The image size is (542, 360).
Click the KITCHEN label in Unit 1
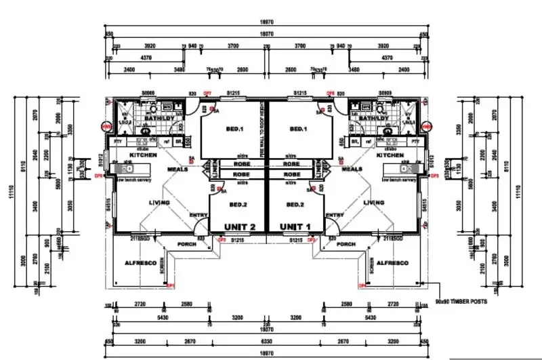tap(393, 155)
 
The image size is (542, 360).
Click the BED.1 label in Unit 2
tap(234, 129)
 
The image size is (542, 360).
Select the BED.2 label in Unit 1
tap(297, 204)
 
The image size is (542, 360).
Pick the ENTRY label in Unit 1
tap(335, 215)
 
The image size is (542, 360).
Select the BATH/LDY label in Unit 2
tap(150, 118)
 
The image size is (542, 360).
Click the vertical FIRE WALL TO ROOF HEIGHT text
tap(262, 136)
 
